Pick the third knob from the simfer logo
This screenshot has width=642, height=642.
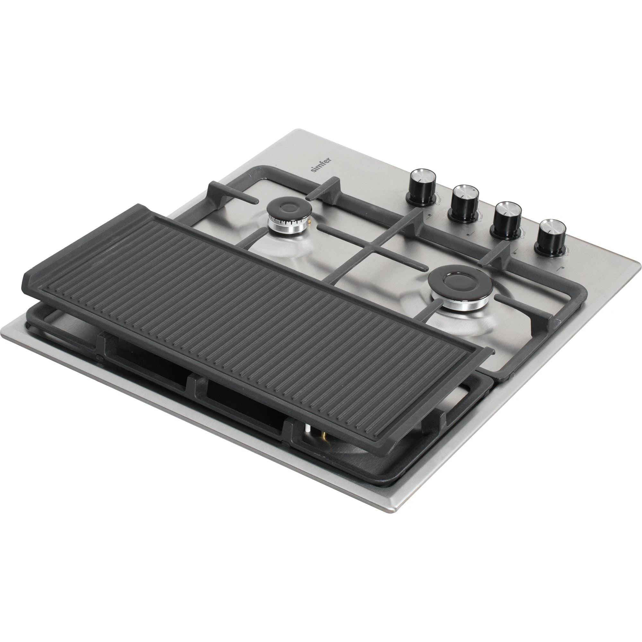[507, 220]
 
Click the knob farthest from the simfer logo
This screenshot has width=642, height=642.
[551, 238]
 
